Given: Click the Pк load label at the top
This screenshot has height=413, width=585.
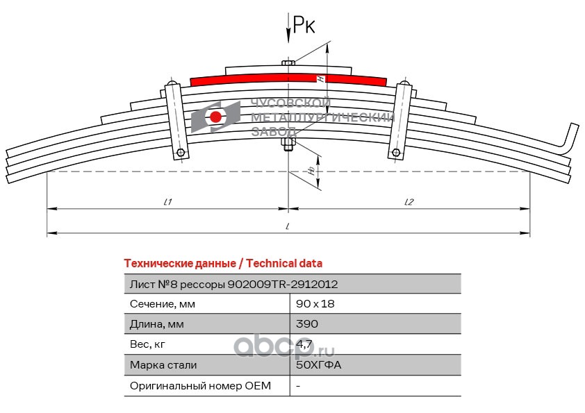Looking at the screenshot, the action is click(304, 26).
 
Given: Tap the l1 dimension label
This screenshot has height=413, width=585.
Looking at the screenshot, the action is click(167, 202).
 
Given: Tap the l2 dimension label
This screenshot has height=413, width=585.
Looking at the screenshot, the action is click(409, 202).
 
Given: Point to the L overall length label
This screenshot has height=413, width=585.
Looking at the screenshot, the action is click(288, 226).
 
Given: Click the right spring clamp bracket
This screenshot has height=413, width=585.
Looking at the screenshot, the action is click(401, 119).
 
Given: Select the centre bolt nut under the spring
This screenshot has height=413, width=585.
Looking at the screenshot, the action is click(288, 144).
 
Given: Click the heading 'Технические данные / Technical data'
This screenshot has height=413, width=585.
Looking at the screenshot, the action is click(222, 264).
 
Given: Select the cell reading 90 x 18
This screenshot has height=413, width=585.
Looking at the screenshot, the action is click(310, 304).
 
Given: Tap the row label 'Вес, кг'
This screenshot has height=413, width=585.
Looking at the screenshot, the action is click(148, 344).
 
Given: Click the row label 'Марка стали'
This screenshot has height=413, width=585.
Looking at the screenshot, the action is click(163, 365).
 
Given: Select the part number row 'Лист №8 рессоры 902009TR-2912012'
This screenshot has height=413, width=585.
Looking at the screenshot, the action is click(234, 284).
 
